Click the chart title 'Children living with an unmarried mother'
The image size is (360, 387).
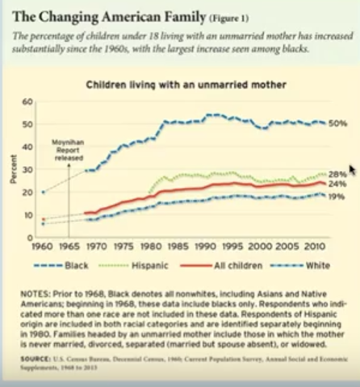point(188,85)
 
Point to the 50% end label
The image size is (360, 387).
point(338,123)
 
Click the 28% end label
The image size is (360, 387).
point(338,174)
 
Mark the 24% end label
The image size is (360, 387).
point(338,185)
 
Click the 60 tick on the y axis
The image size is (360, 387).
point(26,102)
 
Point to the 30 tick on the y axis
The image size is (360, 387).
point(26,170)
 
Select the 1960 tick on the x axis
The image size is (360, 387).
point(43,247)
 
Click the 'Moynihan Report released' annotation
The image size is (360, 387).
point(68,149)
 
